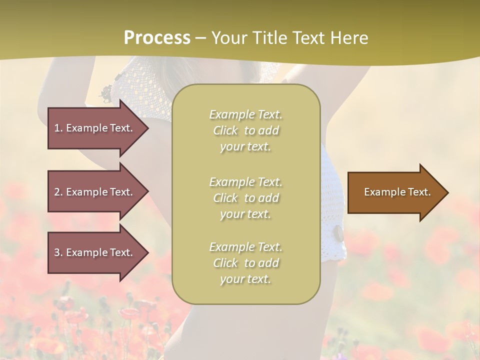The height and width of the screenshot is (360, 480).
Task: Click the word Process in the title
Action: click(157, 38)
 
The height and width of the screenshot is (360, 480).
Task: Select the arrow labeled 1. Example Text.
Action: click(95, 128)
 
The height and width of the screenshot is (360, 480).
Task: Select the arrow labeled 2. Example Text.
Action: click(95, 192)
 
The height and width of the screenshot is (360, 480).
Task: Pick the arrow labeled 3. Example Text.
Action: click(95, 252)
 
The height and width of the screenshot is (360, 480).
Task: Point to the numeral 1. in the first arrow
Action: click(58, 128)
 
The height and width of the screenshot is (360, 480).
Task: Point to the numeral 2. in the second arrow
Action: click(58, 192)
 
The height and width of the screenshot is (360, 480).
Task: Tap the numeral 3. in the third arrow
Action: click(58, 252)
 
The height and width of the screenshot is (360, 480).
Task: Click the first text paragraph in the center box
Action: click(245, 130)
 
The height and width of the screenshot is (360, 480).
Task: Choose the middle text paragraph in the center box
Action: click(245, 198)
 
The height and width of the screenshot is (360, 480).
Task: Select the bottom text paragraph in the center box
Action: click(245, 263)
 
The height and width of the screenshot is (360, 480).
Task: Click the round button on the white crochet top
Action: click(338, 232)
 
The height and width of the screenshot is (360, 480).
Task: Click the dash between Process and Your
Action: click(200, 38)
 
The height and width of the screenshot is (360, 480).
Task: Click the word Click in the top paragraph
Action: click(225, 130)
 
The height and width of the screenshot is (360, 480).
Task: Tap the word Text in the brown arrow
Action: click(419, 192)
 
